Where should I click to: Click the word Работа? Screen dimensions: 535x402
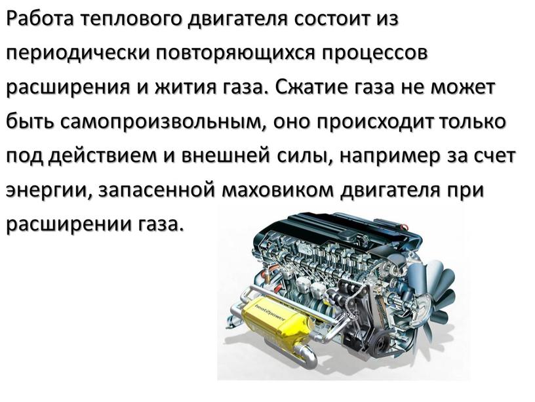(x=40, y=20)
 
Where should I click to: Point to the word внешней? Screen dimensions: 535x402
(x=224, y=156)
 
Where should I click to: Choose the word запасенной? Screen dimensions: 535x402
(x=157, y=190)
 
